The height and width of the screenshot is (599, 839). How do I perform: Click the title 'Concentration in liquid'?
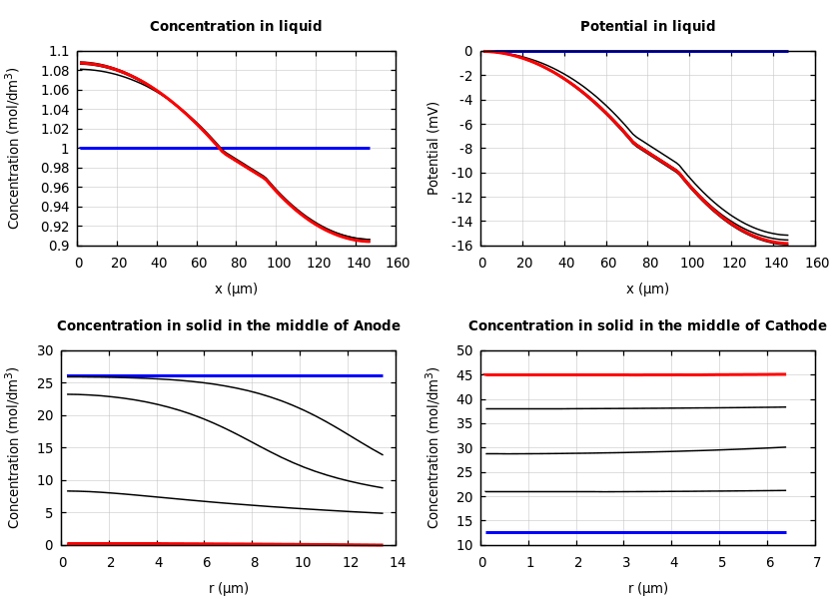tap(236, 27)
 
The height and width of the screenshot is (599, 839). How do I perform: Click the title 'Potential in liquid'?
tap(647, 27)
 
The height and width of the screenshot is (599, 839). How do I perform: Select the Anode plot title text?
tap(228, 326)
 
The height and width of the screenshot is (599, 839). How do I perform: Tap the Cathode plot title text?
tap(647, 326)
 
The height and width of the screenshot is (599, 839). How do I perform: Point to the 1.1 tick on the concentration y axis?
tap(60, 52)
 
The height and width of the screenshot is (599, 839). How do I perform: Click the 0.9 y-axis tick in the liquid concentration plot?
tap(60, 246)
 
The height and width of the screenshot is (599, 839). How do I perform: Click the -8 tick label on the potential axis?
tap(463, 149)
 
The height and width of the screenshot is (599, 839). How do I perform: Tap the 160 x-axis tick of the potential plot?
tap(816, 264)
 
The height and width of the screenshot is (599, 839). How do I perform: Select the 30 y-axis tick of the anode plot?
tap(44, 351)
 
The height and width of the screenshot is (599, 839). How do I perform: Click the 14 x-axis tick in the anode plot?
tap(397, 563)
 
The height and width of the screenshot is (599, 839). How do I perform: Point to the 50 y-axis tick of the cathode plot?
tap(463, 351)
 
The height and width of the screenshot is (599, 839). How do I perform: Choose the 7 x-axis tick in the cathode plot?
tap(816, 563)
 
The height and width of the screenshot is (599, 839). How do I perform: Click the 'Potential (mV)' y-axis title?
tap(433, 148)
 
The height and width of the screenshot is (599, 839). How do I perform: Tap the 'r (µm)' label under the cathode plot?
tap(647, 588)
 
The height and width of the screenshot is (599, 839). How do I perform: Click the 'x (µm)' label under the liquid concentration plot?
tap(236, 289)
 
